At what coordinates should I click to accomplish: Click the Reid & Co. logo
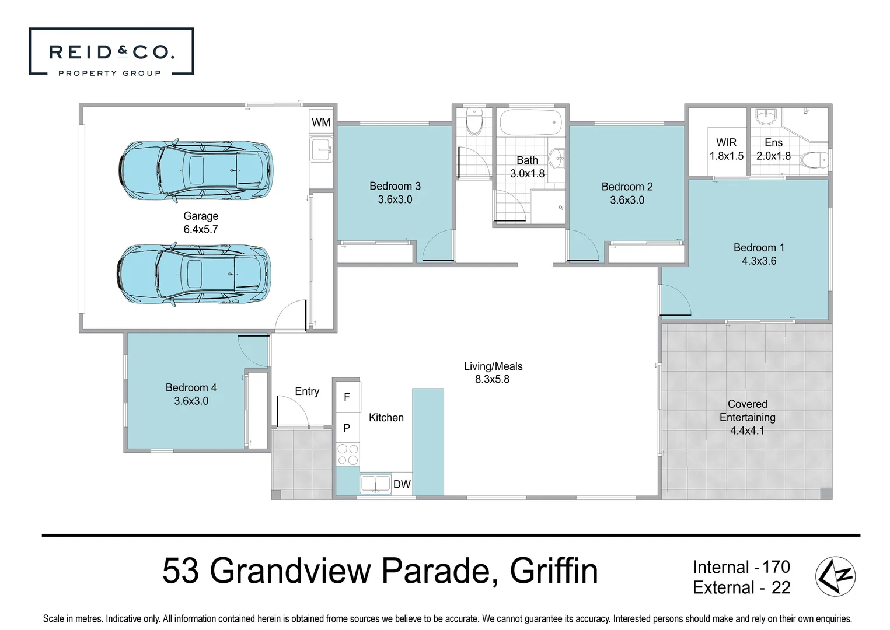pos(111,52)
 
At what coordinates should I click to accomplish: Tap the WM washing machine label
pos(320,123)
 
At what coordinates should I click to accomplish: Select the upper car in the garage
pos(195,170)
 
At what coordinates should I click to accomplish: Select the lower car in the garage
pos(194,274)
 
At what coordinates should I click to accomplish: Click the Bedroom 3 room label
pos(395,186)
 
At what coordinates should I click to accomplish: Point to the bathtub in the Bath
pos(530,123)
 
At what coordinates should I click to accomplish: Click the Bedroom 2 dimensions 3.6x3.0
pos(627,200)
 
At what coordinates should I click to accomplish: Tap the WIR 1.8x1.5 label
pos(726,149)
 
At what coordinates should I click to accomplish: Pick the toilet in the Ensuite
pos(814,159)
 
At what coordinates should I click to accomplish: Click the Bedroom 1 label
pos(759,248)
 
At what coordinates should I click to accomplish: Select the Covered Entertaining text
pos(747,411)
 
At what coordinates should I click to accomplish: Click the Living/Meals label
pos(493,366)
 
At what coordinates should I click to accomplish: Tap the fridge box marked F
pos(347,397)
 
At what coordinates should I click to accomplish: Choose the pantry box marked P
pos(347,428)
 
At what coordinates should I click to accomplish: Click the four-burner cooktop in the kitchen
pos(348,454)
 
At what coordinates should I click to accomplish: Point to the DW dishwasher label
pos(402,484)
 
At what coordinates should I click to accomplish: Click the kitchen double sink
pos(375,484)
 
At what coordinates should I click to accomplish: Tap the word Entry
pos(307,391)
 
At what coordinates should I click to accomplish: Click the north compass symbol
pos(835,576)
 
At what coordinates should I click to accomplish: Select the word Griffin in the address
pos(553,571)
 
